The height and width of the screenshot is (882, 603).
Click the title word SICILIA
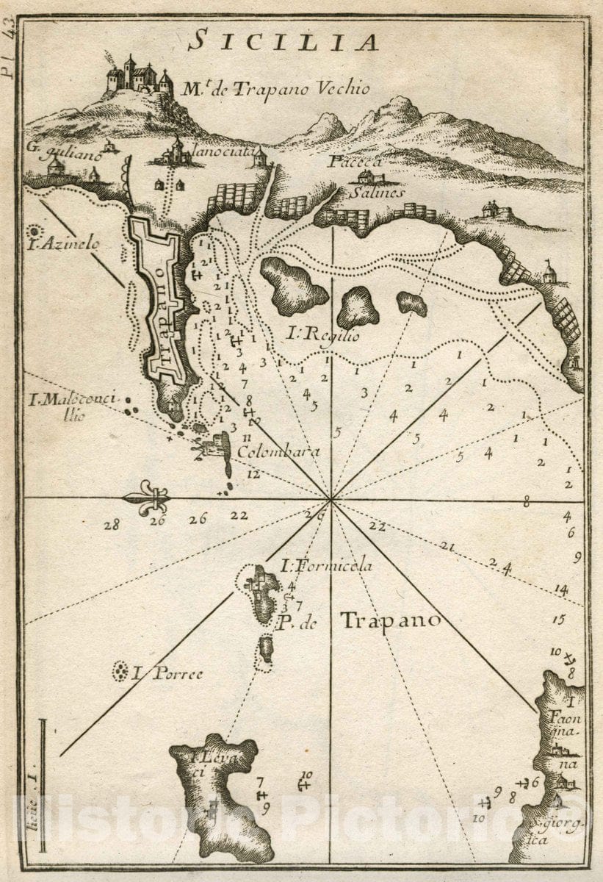(283, 42)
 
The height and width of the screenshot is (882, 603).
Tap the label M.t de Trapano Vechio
(275, 90)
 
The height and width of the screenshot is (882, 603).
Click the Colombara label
(278, 451)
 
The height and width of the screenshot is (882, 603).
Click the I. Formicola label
(327, 565)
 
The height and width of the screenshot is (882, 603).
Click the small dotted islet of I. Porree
(119, 671)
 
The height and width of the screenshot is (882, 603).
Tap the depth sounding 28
(112, 524)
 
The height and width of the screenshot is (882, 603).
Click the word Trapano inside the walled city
(165, 307)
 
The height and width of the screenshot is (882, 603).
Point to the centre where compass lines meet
(331, 500)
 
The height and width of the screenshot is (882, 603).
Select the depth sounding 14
(562, 589)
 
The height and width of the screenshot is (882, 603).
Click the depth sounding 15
(559, 620)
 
